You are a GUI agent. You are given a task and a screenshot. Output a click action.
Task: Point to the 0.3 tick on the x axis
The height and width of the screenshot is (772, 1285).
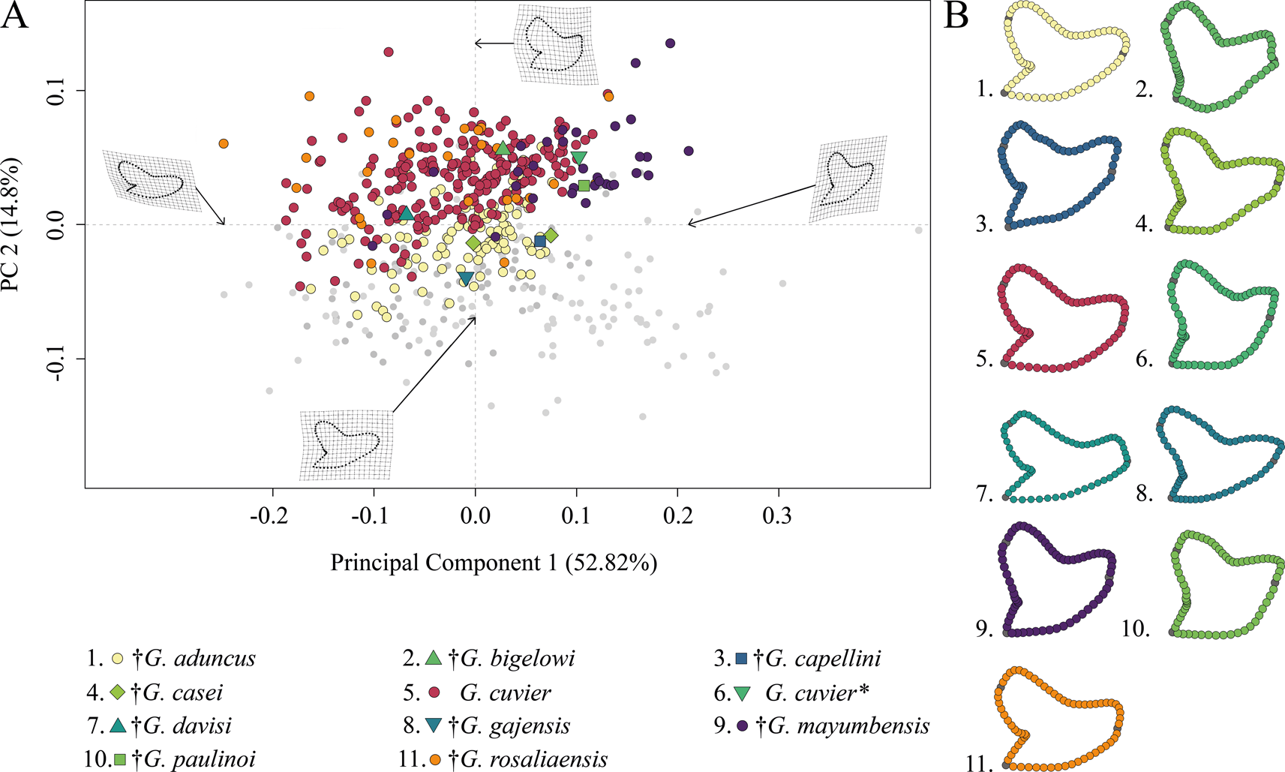click(779, 516)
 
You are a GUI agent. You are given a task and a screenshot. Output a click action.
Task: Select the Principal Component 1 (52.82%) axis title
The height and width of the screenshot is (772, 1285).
click(494, 563)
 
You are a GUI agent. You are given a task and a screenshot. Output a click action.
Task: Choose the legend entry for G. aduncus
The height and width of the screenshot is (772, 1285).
click(200, 659)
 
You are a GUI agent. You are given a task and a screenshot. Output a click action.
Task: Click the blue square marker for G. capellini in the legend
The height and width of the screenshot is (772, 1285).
click(742, 659)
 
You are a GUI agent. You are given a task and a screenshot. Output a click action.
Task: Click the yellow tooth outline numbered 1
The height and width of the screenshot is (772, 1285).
click(1064, 51)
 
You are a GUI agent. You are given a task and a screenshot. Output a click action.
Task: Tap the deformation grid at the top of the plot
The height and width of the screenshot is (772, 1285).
click(555, 43)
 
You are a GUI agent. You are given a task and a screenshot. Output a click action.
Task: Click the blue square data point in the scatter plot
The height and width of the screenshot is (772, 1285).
click(539, 242)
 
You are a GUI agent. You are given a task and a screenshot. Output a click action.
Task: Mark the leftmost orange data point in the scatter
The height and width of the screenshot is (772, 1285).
click(223, 143)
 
